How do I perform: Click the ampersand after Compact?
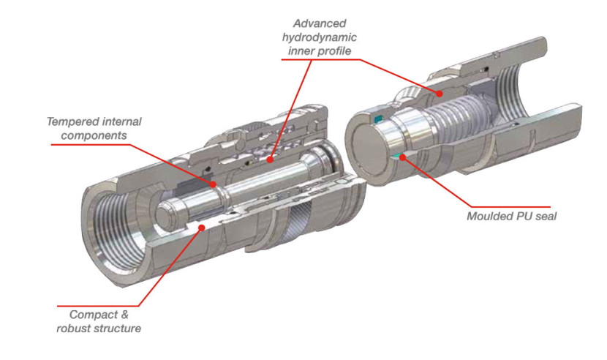[x=123, y=315]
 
